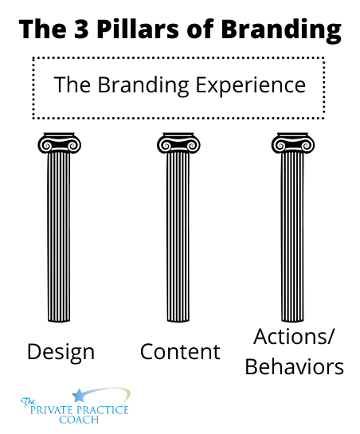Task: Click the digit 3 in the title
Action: (x=81, y=29)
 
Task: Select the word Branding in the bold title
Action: (x=281, y=30)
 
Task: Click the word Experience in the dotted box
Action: (x=251, y=86)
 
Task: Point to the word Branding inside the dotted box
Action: (x=143, y=85)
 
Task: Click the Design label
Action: (x=61, y=352)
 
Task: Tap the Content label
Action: (x=180, y=352)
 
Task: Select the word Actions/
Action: (x=294, y=338)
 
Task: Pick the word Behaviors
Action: (x=295, y=366)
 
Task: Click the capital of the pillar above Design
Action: (x=59, y=143)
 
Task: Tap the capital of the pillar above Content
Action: (x=178, y=143)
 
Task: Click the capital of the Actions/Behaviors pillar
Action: (x=293, y=143)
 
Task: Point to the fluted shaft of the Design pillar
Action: (x=59, y=237)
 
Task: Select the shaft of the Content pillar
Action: (x=178, y=237)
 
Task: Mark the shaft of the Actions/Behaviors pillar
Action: (x=293, y=237)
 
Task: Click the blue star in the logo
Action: (x=79, y=395)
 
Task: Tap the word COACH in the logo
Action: (x=79, y=420)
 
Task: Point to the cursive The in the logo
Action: (x=28, y=402)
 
